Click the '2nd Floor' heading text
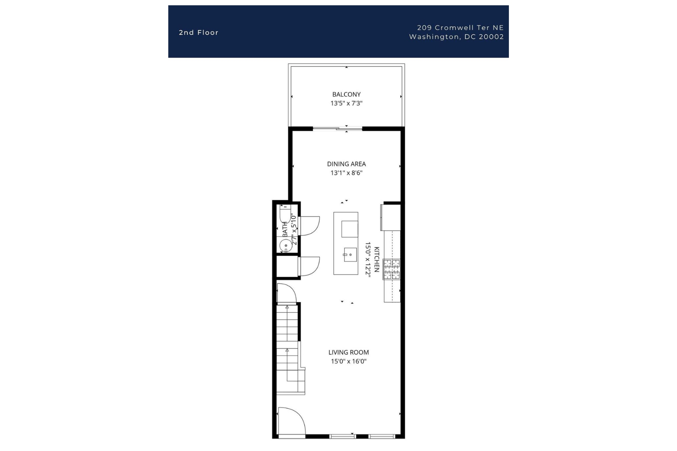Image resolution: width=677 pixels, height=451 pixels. (x=199, y=33)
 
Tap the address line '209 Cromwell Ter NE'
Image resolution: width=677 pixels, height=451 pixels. (x=460, y=27)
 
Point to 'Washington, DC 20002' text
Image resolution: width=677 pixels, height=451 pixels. (x=456, y=37)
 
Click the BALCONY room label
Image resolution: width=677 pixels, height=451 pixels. (x=346, y=94)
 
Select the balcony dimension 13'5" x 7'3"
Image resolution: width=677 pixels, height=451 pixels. (x=346, y=103)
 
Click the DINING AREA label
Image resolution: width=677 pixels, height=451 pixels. (x=346, y=164)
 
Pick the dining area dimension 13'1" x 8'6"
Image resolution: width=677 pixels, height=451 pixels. (x=346, y=173)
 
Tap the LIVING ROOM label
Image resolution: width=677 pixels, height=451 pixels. (x=349, y=353)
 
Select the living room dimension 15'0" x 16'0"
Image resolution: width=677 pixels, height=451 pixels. (x=349, y=362)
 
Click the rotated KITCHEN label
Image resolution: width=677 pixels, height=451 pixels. (x=376, y=260)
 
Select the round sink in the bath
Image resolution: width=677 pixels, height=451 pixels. (x=285, y=246)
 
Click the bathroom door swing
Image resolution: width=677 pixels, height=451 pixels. (x=310, y=226)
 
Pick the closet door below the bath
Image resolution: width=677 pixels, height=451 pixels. (x=310, y=266)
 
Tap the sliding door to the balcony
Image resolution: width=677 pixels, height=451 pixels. (x=337, y=129)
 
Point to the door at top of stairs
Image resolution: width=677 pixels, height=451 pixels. (x=286, y=293)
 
